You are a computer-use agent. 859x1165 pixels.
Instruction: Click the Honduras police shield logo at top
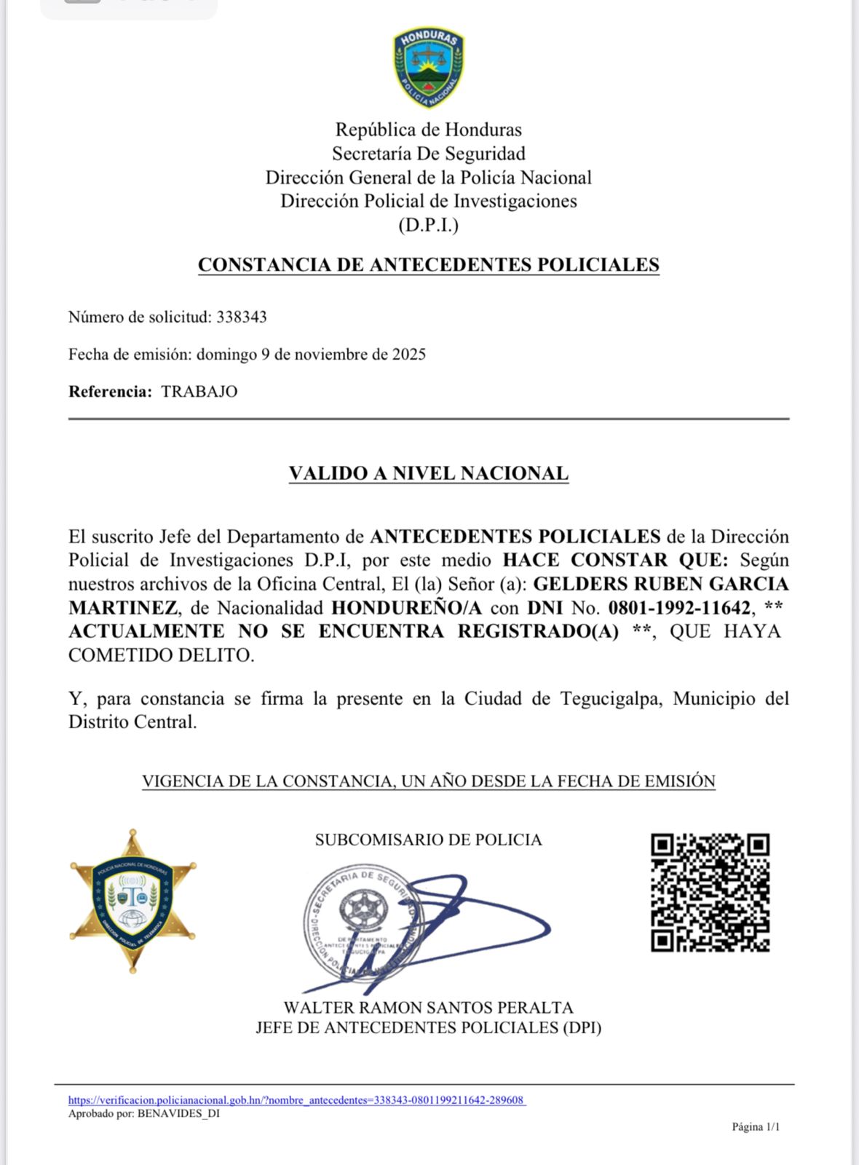(429, 68)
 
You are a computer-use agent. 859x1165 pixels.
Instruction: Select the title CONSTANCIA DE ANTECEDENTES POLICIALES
(429, 264)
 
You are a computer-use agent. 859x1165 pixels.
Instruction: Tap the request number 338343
(242, 317)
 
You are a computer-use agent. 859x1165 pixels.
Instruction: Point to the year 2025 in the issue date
(409, 355)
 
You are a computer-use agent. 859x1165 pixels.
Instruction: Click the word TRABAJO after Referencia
(199, 392)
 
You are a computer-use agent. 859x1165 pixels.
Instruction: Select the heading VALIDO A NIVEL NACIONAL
(429, 473)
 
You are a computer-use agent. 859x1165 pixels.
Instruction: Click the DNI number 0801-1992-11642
(679, 607)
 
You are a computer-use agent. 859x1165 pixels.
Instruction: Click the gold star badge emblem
(132, 901)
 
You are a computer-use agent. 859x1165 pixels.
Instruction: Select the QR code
(710, 893)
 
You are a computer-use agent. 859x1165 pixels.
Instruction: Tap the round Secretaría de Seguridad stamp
(361, 923)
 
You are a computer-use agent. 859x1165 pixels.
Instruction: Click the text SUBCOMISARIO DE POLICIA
(429, 840)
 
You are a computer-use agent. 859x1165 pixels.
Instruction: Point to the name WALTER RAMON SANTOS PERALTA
(429, 1008)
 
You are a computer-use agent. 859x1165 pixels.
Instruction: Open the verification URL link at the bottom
(296, 1100)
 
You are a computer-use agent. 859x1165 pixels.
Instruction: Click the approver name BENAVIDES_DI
(178, 1113)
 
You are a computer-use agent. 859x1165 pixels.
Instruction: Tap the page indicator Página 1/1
(756, 1127)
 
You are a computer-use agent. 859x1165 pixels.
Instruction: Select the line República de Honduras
(429, 130)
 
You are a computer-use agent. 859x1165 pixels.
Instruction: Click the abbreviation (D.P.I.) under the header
(429, 225)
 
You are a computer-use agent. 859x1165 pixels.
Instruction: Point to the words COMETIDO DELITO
(162, 655)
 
